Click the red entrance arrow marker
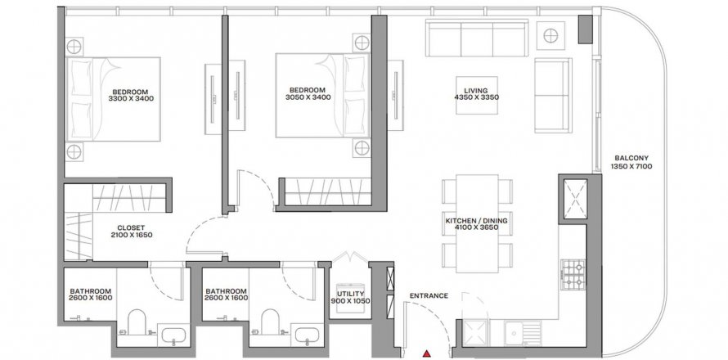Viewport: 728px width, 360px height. [x=426, y=354]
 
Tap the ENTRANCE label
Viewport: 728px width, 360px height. [x=429, y=295]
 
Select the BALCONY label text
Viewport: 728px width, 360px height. [x=631, y=158]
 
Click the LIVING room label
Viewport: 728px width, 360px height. [x=476, y=91]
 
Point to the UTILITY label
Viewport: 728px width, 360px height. [x=351, y=295]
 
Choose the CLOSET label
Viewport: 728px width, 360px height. [x=131, y=227]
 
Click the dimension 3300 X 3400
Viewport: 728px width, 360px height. [x=131, y=98]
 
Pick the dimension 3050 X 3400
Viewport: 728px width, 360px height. [x=308, y=97]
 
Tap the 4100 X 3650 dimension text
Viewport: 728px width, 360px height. [x=476, y=227]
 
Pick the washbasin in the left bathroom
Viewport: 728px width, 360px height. [x=173, y=335]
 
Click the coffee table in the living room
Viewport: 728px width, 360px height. [x=476, y=95]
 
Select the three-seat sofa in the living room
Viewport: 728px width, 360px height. [x=477, y=38]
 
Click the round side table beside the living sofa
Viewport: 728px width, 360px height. [x=550, y=35]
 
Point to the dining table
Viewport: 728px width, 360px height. [x=477, y=223]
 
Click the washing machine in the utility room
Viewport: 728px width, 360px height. [x=351, y=297]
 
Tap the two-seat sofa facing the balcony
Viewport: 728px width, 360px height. [x=553, y=95]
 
